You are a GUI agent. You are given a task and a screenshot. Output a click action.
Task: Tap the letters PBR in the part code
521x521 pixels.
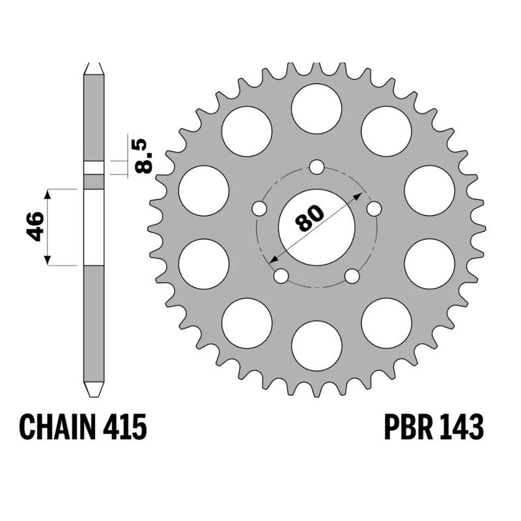(x=405, y=428)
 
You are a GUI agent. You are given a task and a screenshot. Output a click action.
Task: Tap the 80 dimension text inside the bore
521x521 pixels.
(x=310, y=218)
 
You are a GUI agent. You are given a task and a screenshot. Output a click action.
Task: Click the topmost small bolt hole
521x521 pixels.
(x=317, y=167)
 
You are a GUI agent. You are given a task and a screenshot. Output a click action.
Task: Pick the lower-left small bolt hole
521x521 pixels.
(x=281, y=276)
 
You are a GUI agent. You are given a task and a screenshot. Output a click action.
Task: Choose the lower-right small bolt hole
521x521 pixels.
(x=352, y=276)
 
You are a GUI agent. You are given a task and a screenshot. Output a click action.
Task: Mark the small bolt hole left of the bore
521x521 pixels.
(x=259, y=209)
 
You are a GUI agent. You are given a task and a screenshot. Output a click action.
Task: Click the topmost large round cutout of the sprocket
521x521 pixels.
(x=317, y=109)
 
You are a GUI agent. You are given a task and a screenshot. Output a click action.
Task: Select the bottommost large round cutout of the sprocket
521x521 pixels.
(x=317, y=346)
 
